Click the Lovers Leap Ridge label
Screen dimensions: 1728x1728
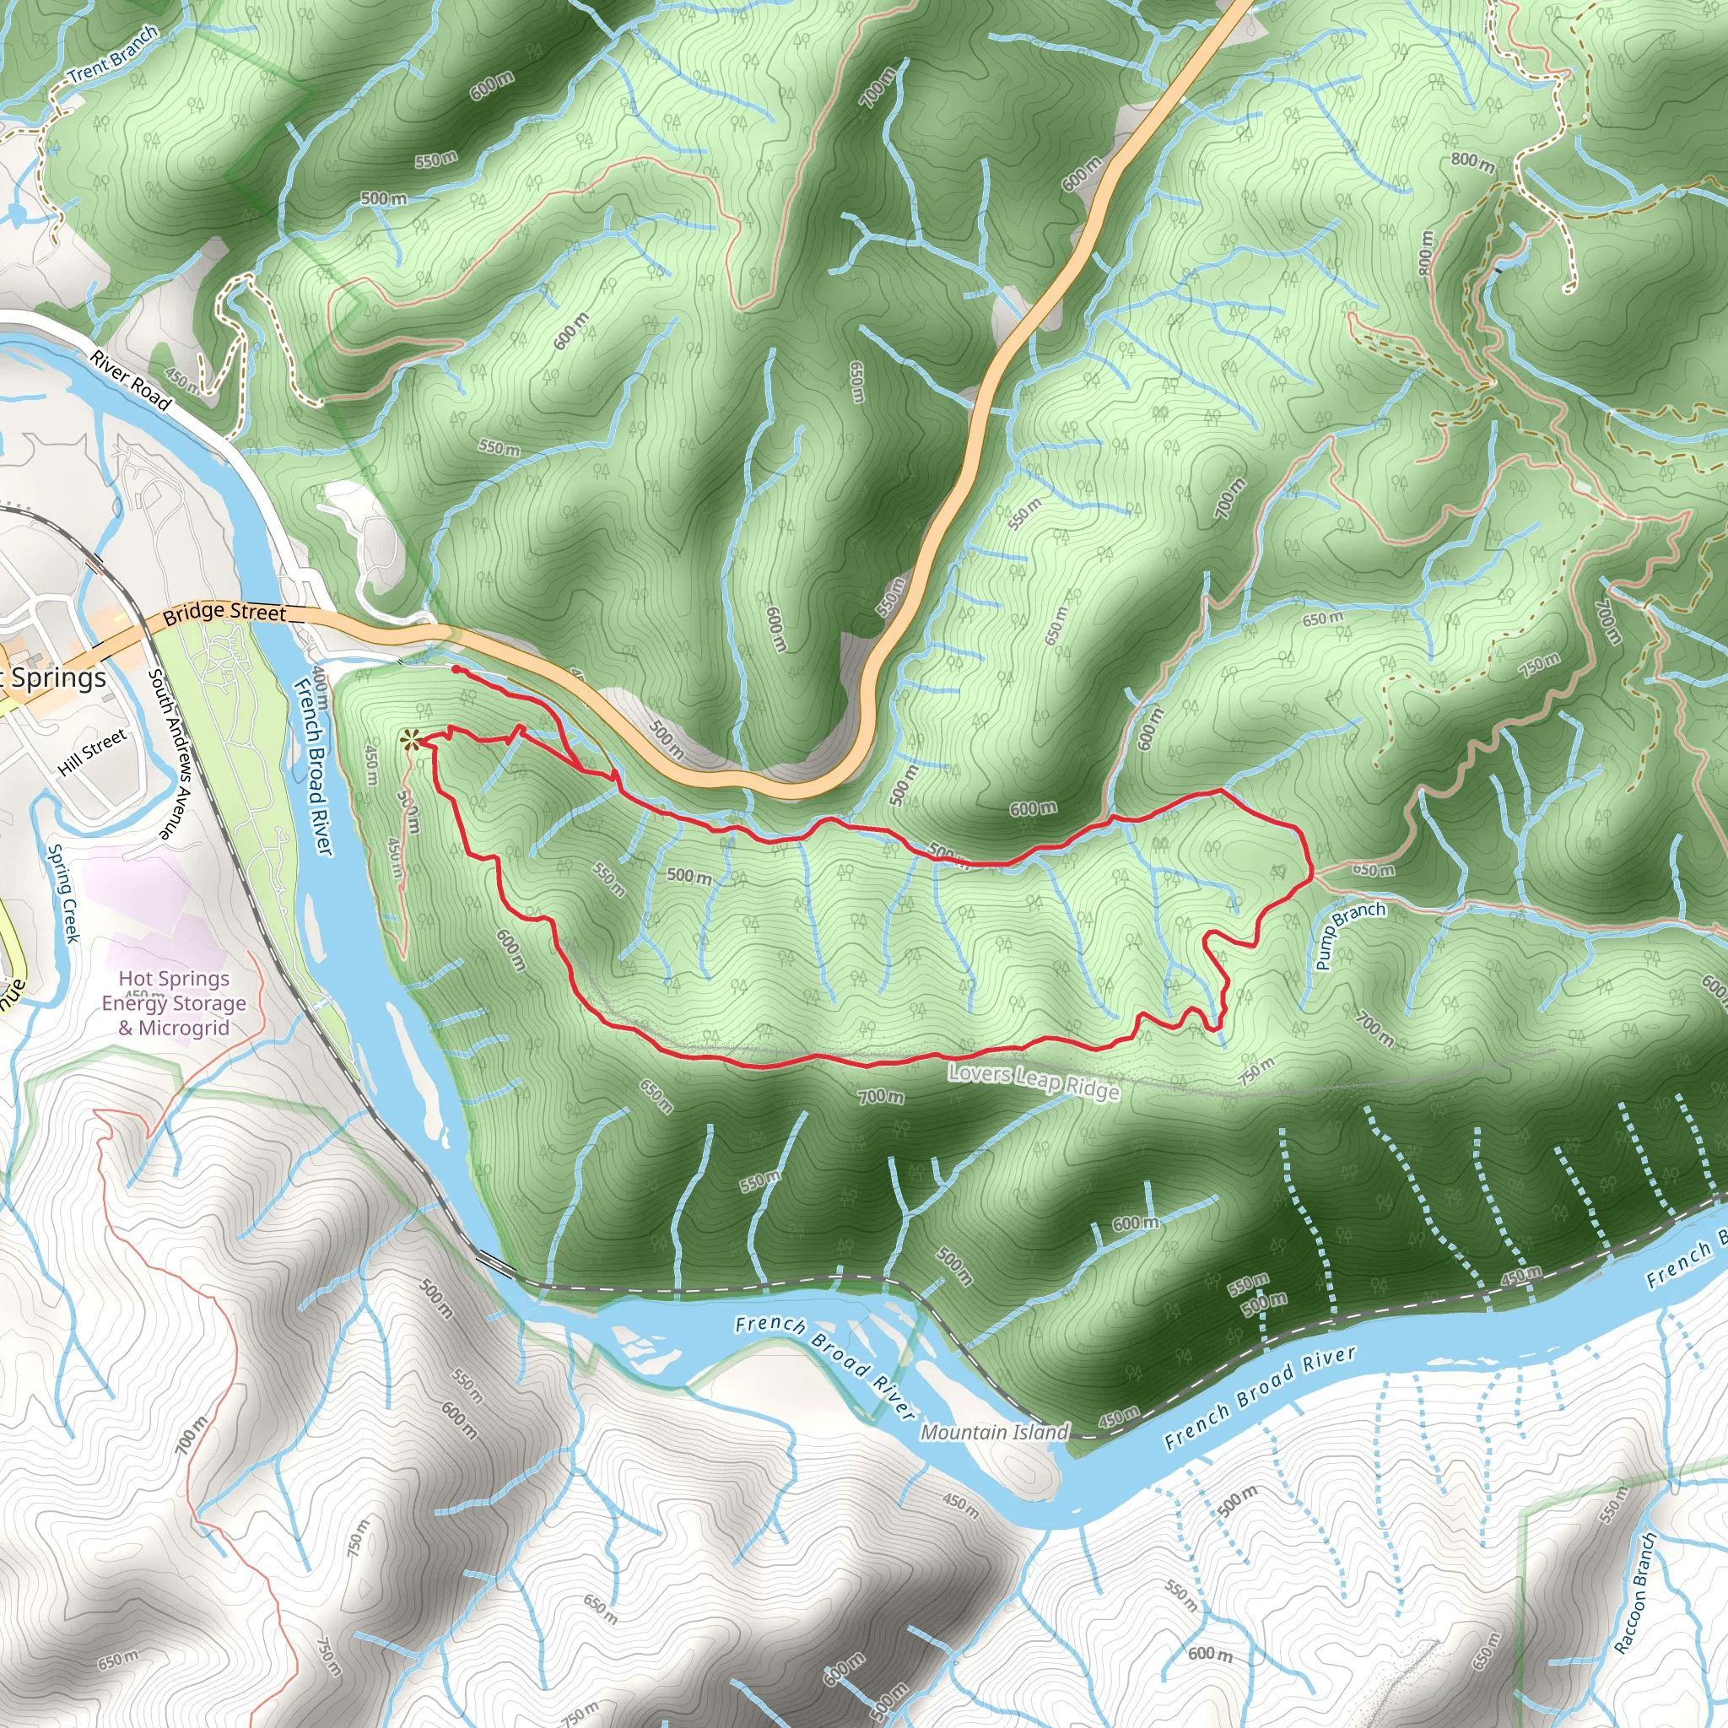pyautogui.click(x=1033, y=1081)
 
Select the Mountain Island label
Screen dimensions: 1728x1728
pyautogui.click(x=995, y=1432)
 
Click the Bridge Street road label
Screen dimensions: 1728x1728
pyautogui.click(x=224, y=613)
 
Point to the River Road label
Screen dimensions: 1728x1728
pyautogui.click(x=131, y=381)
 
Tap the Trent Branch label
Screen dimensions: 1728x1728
pyautogui.click(x=114, y=54)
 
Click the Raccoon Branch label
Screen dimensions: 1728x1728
pyautogui.click(x=1636, y=1591)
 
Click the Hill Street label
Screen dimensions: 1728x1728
pyautogui.click(x=92, y=752)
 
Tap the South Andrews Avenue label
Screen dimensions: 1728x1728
pyautogui.click(x=170, y=754)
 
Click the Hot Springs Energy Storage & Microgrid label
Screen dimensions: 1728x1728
pyautogui.click(x=174, y=1003)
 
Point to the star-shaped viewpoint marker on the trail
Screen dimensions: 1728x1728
pyautogui.click(x=409, y=740)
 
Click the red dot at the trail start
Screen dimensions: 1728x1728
pyautogui.click(x=456, y=669)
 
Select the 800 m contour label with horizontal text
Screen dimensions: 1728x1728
pyautogui.click(x=1472, y=162)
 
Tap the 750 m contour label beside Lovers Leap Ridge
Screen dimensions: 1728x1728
pyautogui.click(x=1256, y=1070)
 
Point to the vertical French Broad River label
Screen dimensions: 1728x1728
pyautogui.click(x=313, y=765)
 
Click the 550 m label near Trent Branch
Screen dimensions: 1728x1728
pyautogui.click(x=435, y=160)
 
